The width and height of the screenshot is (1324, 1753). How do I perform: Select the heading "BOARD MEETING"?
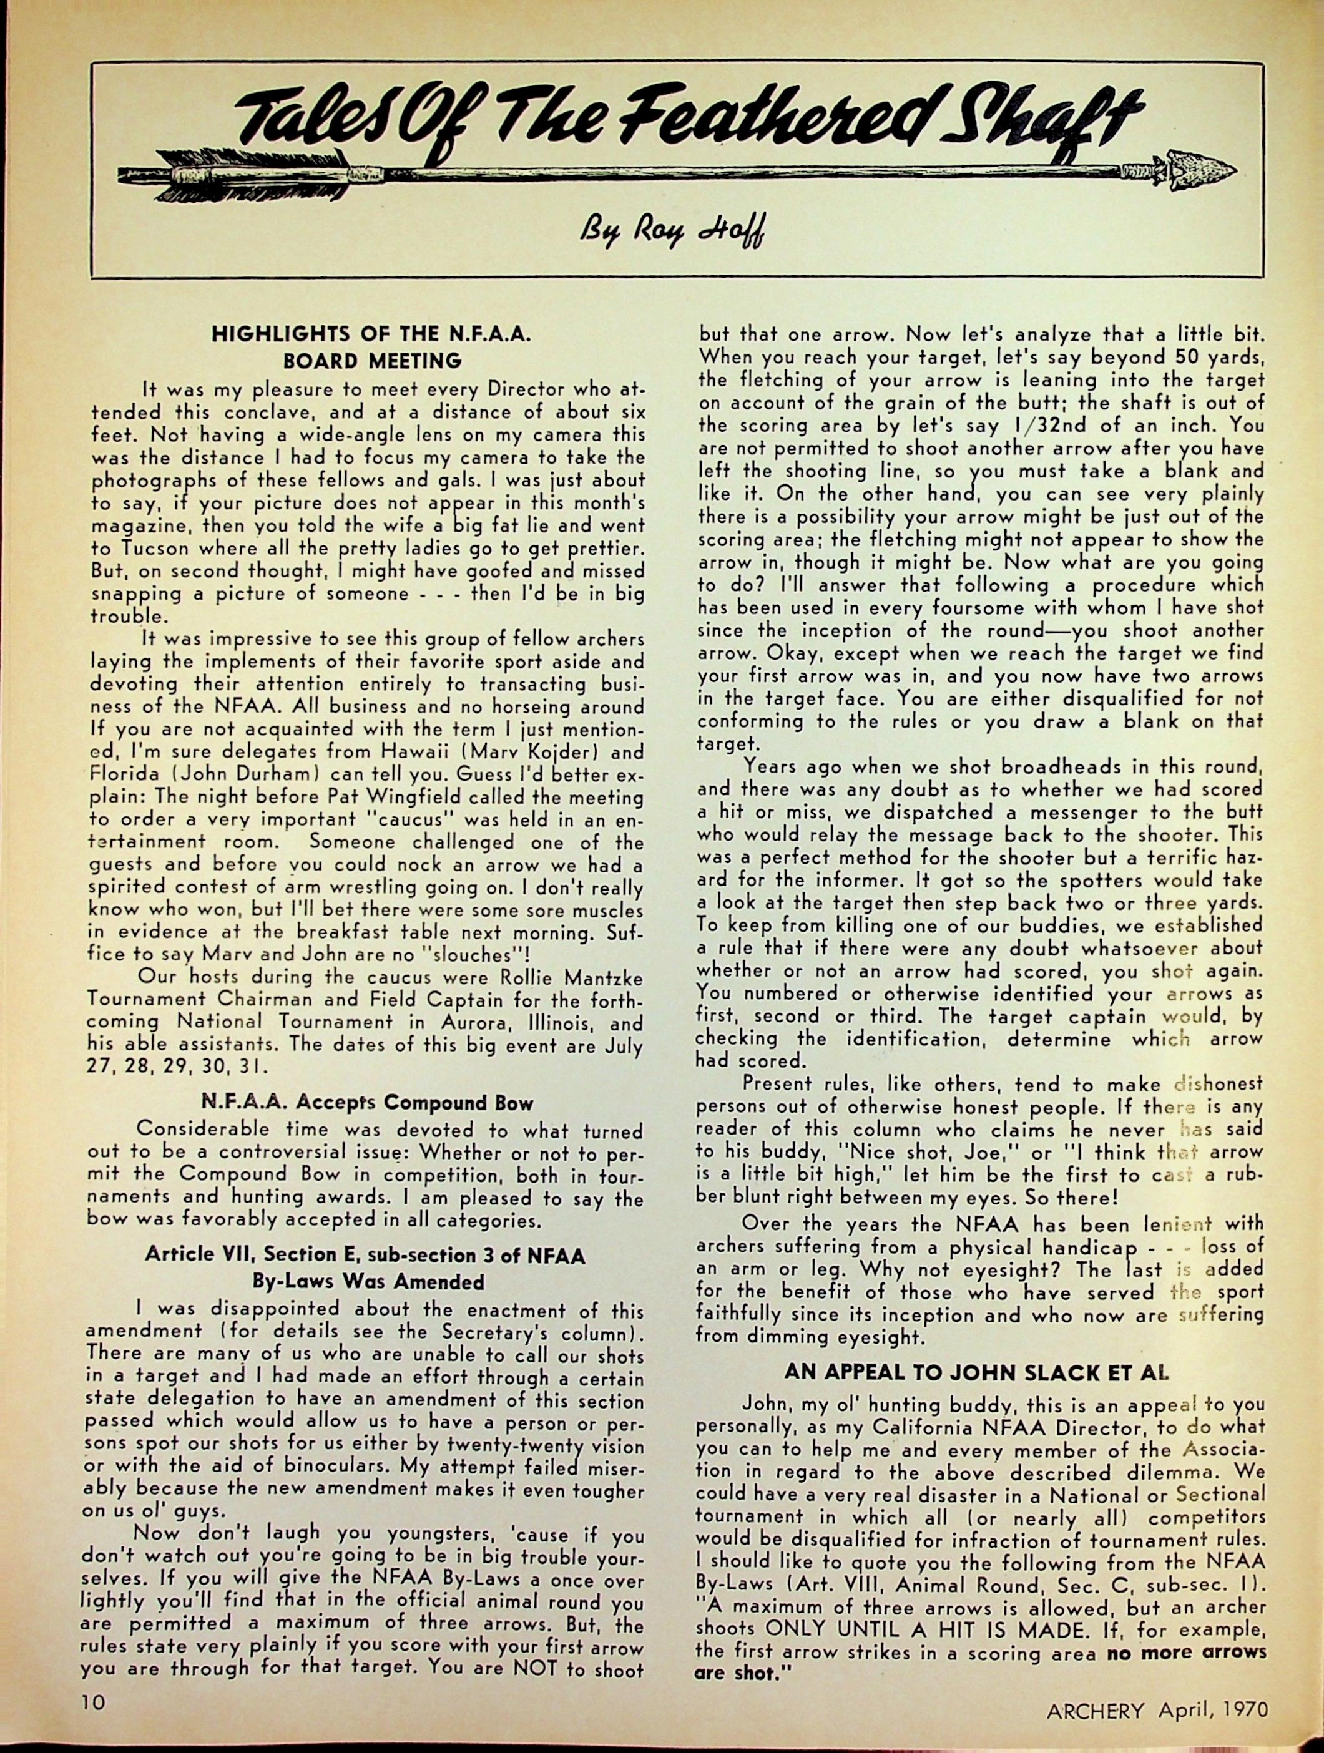pyautogui.click(x=372, y=361)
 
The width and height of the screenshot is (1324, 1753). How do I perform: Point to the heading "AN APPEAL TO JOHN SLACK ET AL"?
pyautogui.click(x=977, y=1372)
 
